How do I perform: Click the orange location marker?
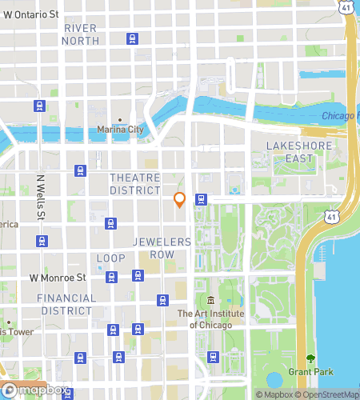pyautogui.click(x=180, y=199)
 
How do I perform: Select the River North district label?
pyautogui.click(x=81, y=34)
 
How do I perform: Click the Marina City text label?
pyautogui.click(x=119, y=130)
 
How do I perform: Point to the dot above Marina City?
pyautogui.click(x=120, y=119)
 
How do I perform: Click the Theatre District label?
pyautogui.click(x=134, y=183)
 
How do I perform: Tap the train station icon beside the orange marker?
pyautogui.click(x=202, y=199)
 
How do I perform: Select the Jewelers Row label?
pyautogui.click(x=163, y=248)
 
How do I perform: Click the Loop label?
pyautogui.click(x=111, y=258)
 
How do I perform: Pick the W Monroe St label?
pyautogui.click(x=57, y=278)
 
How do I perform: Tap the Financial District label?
pyautogui.click(x=66, y=304)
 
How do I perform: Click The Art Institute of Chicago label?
pyautogui.click(x=205, y=319)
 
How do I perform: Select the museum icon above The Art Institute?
pyautogui.click(x=210, y=300)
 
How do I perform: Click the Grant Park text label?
pyautogui.click(x=311, y=373)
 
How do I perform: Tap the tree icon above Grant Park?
pyautogui.click(x=310, y=359)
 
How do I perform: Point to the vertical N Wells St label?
pyautogui.click(x=41, y=197)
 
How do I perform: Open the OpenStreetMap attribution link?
pyautogui.click(x=327, y=394)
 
